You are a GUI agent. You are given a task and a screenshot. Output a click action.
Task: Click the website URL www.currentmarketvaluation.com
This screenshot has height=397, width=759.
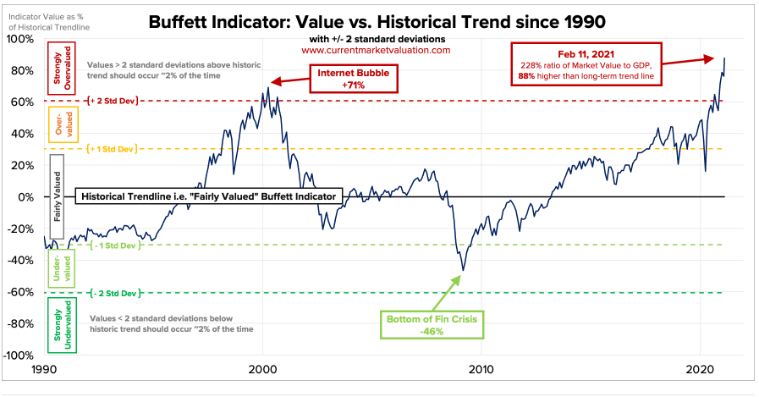click(x=377, y=51)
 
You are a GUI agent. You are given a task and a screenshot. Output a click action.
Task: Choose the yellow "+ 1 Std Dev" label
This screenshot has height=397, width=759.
click(x=113, y=149)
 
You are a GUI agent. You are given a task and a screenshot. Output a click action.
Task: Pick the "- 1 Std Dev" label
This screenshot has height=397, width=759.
click(x=113, y=245)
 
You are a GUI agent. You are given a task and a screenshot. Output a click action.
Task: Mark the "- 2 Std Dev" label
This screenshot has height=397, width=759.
click(x=113, y=293)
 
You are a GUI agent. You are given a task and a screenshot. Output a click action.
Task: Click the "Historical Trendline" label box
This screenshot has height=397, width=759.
click(x=207, y=197)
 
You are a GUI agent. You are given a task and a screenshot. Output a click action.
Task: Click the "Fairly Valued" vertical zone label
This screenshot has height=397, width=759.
click(x=58, y=196)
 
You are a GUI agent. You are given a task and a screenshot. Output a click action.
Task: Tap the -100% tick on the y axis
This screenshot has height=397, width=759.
click(x=17, y=356)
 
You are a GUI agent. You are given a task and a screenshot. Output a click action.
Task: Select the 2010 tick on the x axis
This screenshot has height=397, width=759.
click(x=481, y=371)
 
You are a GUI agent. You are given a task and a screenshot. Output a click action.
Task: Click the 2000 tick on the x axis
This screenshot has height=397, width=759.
click(x=262, y=371)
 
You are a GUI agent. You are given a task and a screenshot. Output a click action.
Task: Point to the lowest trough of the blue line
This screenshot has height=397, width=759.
click(x=463, y=271)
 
